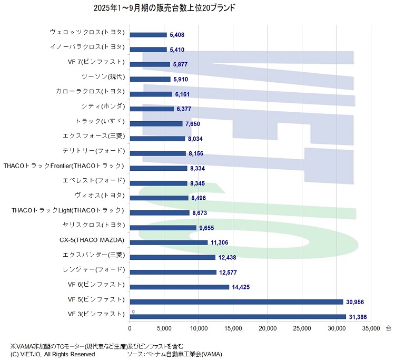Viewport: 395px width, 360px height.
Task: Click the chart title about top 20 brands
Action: point(164,8)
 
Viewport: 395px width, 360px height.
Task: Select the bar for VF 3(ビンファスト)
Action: point(238,317)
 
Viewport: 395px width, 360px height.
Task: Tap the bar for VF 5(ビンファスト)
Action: point(236,302)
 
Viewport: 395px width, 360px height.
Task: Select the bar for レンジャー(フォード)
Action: point(173,273)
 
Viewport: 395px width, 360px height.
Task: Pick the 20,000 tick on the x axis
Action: point(268,327)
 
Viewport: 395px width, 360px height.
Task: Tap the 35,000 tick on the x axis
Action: point(371,327)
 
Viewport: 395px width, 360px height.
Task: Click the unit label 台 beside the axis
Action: point(388,327)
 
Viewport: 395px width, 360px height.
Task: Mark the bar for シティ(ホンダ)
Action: point(152,109)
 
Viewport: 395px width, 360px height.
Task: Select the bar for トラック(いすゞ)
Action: point(156,124)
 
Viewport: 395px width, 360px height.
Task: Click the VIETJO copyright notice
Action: point(53,354)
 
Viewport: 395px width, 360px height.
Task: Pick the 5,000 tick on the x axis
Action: point(164,327)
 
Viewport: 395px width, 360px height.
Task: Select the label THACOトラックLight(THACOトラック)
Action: point(67,210)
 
